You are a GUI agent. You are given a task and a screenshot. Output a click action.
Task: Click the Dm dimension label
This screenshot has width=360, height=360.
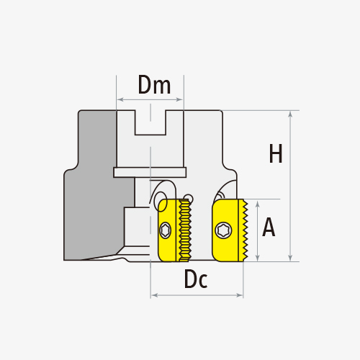point(154,84)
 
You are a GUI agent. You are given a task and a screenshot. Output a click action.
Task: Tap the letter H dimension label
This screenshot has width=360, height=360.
point(276,153)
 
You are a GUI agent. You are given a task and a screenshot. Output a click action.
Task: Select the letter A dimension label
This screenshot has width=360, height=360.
point(269,227)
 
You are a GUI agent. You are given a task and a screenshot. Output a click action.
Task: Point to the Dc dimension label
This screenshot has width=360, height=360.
point(196,279)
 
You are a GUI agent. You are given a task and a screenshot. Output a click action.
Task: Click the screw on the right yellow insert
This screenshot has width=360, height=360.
point(223,230)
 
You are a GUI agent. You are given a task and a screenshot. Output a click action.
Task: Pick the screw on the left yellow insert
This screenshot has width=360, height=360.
point(165,230)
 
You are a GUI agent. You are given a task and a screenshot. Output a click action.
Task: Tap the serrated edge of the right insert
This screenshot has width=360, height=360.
point(245,230)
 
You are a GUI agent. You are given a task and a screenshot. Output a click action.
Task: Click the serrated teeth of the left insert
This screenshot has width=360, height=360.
point(185,230)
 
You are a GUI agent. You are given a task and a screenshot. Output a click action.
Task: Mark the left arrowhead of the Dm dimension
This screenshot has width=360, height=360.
point(120,99)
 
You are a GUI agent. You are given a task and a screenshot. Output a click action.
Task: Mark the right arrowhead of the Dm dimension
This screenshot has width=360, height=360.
point(179,99)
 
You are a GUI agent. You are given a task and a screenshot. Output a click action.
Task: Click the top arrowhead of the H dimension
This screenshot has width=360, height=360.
point(290,114)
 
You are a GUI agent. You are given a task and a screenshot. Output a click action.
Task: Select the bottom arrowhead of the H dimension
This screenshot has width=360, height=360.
point(290,258)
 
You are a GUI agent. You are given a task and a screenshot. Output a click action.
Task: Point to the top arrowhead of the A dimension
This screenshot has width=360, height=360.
point(257,204)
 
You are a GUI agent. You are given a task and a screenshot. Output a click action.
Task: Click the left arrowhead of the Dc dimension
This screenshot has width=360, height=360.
point(154,295)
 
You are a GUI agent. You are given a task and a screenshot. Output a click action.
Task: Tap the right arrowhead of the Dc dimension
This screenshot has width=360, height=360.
point(240,295)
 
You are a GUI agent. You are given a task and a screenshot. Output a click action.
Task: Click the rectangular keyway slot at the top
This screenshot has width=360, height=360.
point(150,122)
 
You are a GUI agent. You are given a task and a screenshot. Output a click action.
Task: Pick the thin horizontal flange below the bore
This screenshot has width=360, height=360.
point(150,172)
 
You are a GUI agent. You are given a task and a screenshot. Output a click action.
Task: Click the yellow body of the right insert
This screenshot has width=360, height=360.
point(225,230)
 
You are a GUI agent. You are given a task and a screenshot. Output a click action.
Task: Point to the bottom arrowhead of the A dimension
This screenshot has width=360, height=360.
point(257,258)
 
